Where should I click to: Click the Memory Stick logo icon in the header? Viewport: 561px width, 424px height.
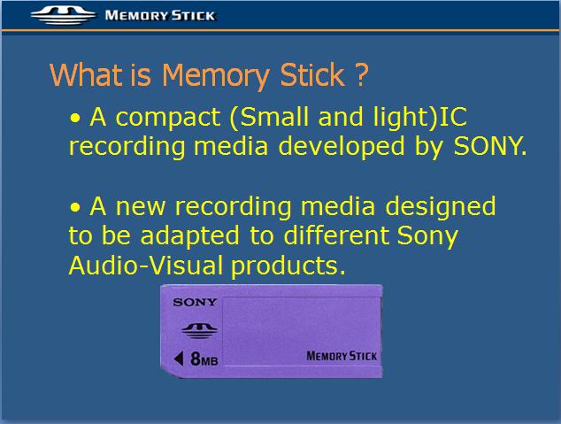64,16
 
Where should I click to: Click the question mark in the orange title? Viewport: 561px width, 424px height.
362,74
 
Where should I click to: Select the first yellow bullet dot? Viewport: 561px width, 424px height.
75,118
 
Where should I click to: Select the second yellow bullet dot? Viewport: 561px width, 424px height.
75,207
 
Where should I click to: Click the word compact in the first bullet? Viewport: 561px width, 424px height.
168,118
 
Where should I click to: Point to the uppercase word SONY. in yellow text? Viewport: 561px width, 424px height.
490,146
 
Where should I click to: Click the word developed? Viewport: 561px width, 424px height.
342,147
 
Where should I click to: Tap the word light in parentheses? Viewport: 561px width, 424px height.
402,118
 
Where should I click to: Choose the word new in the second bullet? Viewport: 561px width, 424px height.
141,207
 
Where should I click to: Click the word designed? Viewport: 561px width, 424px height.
441,207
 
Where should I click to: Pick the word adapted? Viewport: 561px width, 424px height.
189,236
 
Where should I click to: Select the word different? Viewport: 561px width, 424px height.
336,235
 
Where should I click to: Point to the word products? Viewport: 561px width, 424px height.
288,266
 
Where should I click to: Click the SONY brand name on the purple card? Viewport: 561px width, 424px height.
195,303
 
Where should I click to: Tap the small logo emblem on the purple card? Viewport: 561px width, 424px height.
199,330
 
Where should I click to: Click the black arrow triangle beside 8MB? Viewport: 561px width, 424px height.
179,358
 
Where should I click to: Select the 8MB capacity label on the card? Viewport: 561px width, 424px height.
204,358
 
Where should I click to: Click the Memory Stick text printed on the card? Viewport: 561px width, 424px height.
342,356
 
